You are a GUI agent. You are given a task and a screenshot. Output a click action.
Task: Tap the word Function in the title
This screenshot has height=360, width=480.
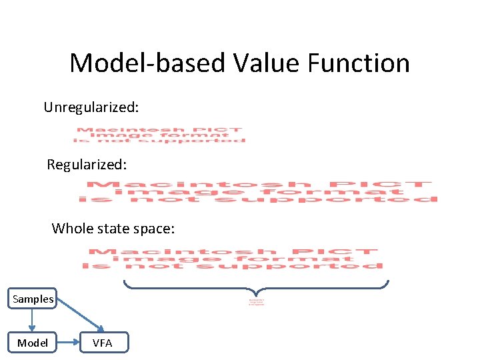coord(359,63)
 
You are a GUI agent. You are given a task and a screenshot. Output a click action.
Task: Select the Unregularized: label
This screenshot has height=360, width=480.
coord(91,107)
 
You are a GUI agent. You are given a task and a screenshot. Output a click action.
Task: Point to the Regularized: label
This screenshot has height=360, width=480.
coord(87,164)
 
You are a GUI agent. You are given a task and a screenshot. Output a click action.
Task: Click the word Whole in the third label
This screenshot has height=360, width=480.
coord(72,229)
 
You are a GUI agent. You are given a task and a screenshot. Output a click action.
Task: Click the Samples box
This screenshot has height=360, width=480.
coord(33,299)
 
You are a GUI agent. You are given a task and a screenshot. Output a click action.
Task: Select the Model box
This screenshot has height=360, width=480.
coord(33,343)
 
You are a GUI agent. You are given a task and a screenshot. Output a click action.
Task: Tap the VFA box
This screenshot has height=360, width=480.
coord(102,343)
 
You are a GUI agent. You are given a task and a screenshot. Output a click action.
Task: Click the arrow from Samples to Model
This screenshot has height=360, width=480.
coord(33,321)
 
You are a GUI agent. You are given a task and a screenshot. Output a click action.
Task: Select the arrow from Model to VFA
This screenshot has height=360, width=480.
coord(67,343)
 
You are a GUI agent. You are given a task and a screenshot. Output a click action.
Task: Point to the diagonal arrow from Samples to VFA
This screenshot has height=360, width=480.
coord(79,317)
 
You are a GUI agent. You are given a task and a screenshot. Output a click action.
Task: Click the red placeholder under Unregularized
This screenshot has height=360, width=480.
coord(159,135)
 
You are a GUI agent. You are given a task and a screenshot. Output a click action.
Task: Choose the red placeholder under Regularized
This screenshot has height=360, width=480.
coord(258,192)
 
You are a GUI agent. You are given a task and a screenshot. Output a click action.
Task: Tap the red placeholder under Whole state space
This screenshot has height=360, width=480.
coord(233,259)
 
